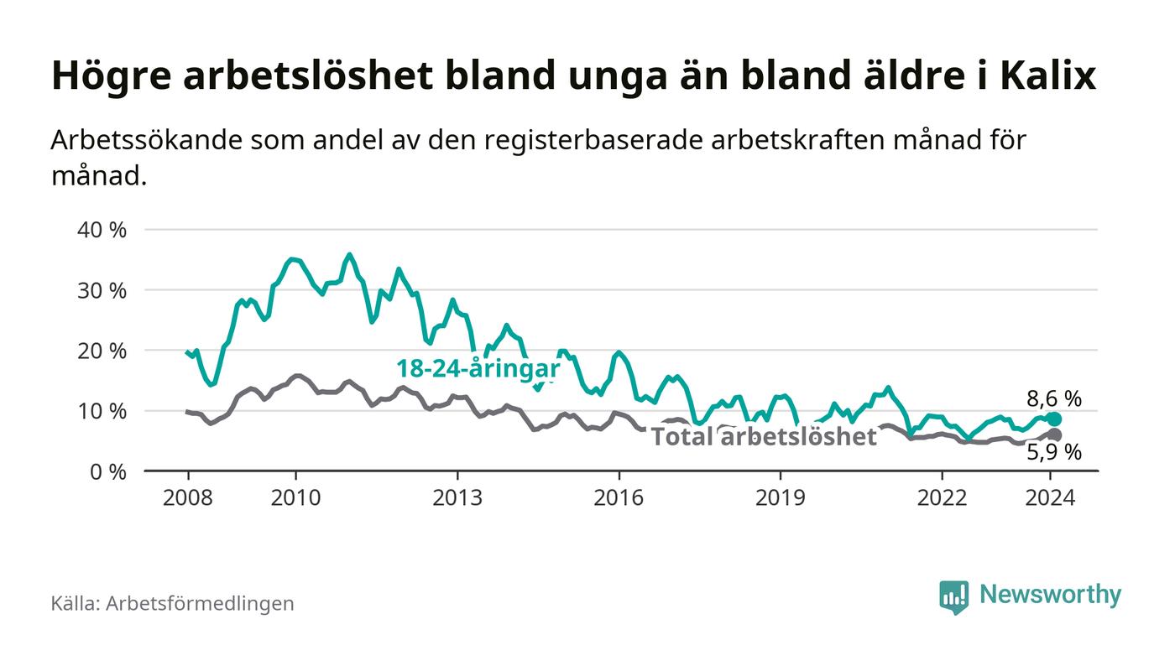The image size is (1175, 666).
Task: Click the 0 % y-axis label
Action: point(108,471)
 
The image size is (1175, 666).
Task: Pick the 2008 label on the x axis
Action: point(187,497)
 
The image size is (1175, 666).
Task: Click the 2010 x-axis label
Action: point(295,497)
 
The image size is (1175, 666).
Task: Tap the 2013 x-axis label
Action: point(457,497)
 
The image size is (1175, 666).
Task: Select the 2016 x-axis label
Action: point(619,497)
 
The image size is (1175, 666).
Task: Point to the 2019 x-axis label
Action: point(781,497)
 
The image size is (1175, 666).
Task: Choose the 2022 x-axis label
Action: point(942,497)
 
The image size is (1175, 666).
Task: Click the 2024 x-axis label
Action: point(1050,497)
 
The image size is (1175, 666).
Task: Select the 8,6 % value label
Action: point(1054,399)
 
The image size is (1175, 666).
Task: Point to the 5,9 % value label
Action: point(1054,454)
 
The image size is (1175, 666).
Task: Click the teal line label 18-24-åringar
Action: point(478,368)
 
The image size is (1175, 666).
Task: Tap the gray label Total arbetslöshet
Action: point(764,436)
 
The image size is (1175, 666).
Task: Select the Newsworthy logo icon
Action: point(953,596)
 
